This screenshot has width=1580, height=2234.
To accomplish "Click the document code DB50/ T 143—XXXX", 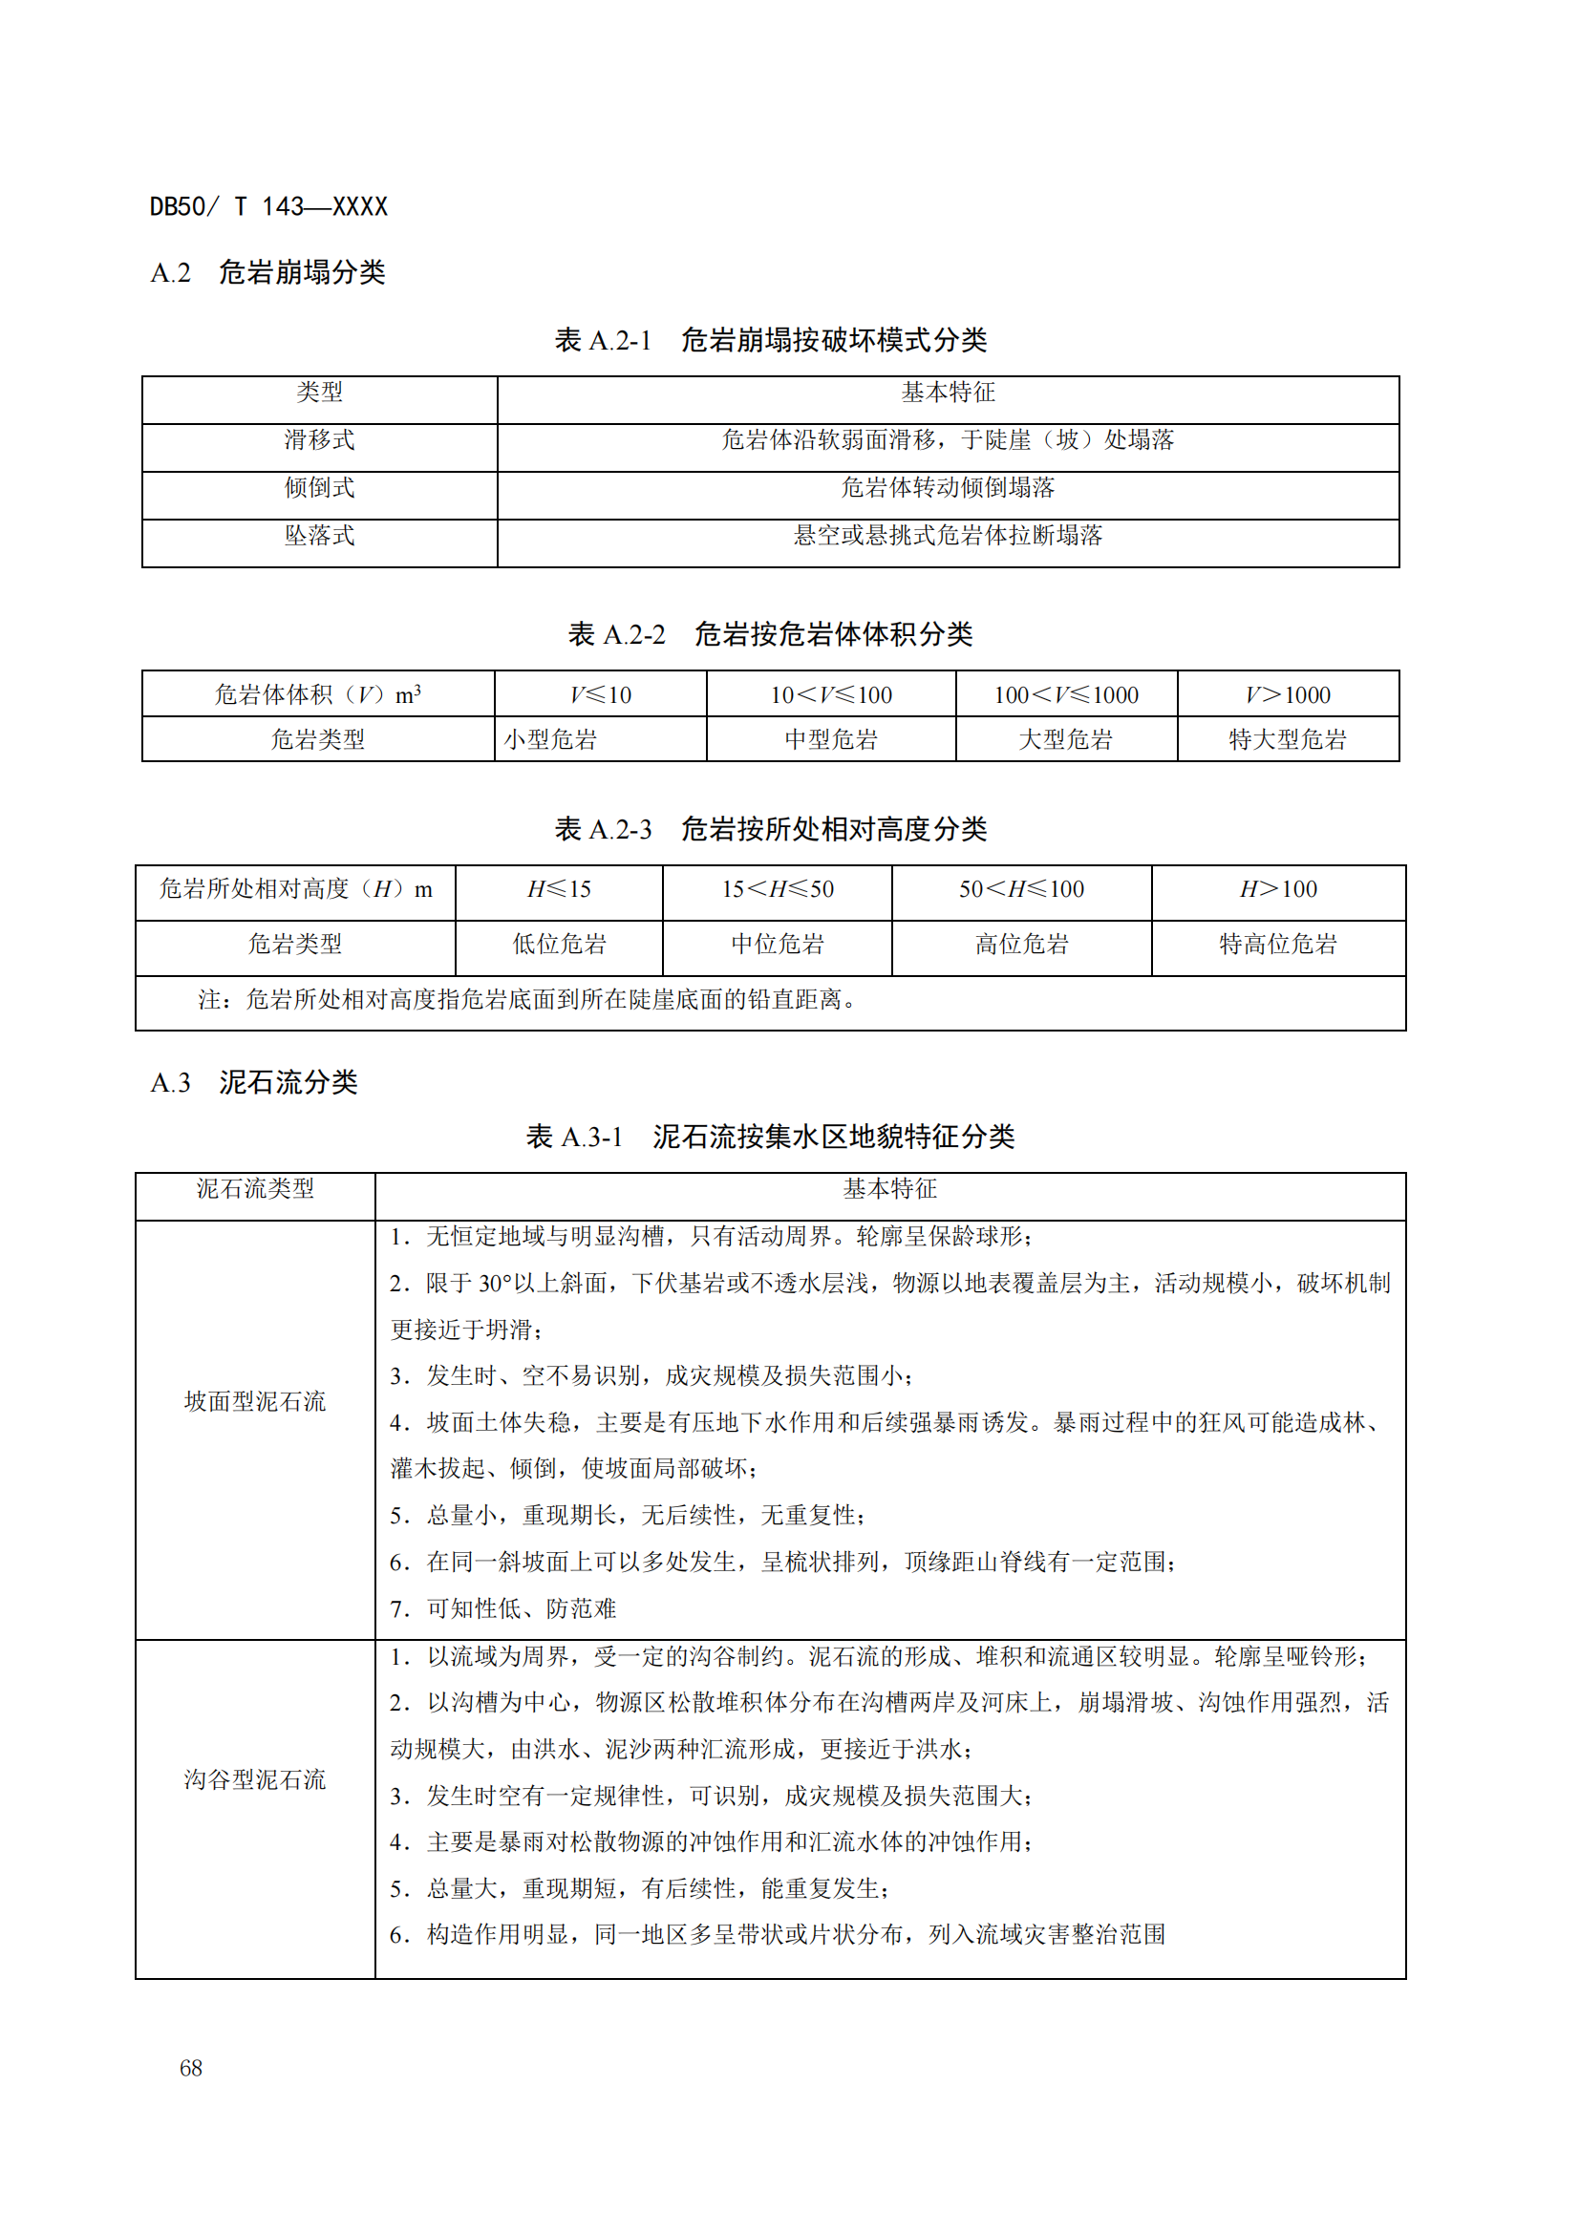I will click(x=268, y=206).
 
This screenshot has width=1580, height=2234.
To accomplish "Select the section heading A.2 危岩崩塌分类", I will click(x=267, y=272).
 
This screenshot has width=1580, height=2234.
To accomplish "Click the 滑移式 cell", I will click(x=319, y=439).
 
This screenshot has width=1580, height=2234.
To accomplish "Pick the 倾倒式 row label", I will click(x=319, y=487).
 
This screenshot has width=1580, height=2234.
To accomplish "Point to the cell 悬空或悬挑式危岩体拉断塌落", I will click(x=948, y=535).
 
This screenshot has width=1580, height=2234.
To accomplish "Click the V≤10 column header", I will click(x=600, y=694).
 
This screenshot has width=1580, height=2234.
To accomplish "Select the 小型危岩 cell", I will click(x=550, y=739).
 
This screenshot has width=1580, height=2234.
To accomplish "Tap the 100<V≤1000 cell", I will click(x=1065, y=694).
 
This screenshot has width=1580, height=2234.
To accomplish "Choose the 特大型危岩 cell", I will click(x=1287, y=739).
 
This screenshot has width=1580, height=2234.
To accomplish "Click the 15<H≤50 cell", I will click(x=777, y=889).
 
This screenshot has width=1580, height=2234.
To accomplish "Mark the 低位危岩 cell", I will click(x=559, y=944).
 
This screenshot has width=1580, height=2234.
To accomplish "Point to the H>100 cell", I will click(x=1277, y=889).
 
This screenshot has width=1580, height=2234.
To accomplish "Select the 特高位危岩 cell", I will click(x=1277, y=944).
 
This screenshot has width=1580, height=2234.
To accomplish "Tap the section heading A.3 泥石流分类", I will click(x=254, y=1082).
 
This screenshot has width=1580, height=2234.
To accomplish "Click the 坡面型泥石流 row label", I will click(x=255, y=1401).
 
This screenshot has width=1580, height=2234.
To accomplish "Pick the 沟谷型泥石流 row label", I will click(x=255, y=1779).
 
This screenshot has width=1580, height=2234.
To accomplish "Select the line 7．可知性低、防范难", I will click(x=503, y=1608).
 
